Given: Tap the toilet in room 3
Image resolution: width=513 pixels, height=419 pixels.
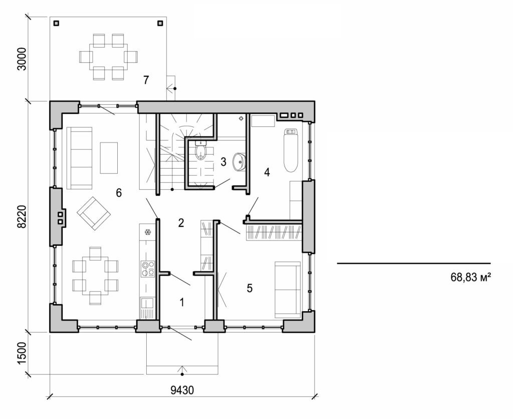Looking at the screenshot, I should click(201, 151).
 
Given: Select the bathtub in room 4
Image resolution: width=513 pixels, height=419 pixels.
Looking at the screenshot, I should click(291, 150).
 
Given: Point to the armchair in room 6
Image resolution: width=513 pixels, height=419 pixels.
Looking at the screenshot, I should click(93, 214).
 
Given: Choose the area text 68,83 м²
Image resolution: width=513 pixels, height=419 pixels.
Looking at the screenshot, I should click(469, 276).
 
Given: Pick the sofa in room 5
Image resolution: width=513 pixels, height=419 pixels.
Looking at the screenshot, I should click(287, 290).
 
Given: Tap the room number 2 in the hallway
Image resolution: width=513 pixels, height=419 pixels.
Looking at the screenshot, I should click(181, 223).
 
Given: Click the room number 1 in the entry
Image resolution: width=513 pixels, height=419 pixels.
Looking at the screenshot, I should click(182, 302).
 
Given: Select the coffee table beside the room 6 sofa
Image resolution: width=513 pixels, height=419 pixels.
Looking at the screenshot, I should click(109, 158).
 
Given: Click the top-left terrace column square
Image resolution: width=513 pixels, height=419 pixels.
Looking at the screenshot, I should click(56, 23).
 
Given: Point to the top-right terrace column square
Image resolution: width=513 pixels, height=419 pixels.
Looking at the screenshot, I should click(160, 23).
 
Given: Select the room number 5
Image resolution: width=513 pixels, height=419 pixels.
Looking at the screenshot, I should click(249, 288).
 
